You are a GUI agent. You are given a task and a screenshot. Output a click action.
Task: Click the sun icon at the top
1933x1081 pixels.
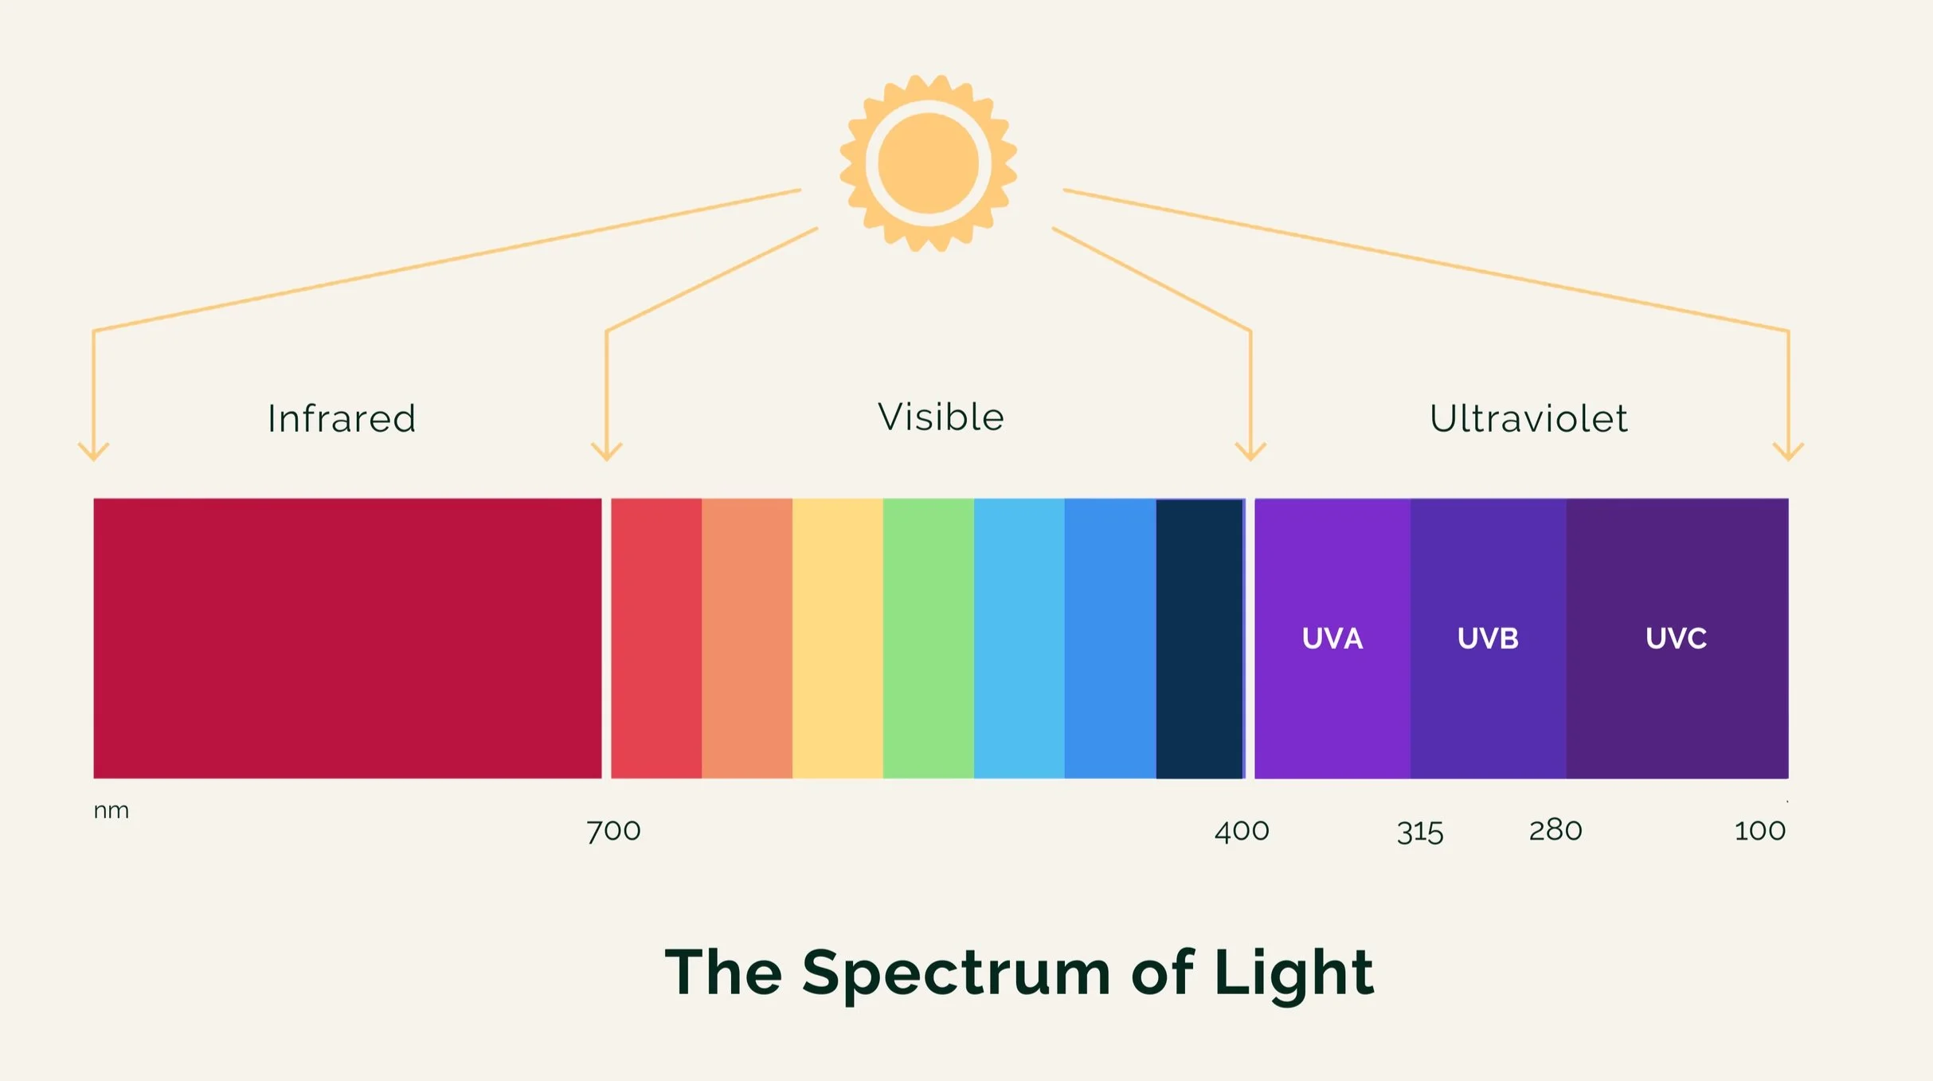click(x=928, y=163)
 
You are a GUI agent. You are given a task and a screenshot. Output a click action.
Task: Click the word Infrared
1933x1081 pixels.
click(x=342, y=419)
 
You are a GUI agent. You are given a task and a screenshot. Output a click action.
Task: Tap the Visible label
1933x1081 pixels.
click(x=941, y=417)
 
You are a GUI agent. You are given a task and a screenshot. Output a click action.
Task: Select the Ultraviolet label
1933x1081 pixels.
click(x=1528, y=418)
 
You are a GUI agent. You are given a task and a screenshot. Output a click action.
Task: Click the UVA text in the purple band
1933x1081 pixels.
click(x=1332, y=638)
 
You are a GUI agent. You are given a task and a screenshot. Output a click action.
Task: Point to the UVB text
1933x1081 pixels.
click(x=1488, y=638)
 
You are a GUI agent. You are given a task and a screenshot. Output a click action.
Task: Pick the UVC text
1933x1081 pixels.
click(x=1677, y=638)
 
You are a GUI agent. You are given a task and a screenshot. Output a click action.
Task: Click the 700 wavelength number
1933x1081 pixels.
click(x=613, y=831)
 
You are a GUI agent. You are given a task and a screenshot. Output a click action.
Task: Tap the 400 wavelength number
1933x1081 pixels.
click(x=1242, y=831)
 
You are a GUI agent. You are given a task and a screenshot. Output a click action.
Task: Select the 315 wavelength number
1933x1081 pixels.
click(x=1420, y=832)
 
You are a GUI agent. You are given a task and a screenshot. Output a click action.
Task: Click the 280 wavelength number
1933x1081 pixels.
click(x=1555, y=830)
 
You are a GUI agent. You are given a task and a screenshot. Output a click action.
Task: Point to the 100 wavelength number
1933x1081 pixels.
click(x=1760, y=831)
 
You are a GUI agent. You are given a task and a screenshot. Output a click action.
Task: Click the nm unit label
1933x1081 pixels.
click(x=112, y=811)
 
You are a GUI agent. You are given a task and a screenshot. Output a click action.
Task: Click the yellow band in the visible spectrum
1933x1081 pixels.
click(x=838, y=638)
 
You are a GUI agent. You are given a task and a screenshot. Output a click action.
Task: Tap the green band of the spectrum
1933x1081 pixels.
click(x=929, y=638)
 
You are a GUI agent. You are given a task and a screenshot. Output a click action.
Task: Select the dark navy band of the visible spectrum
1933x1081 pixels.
click(x=1199, y=638)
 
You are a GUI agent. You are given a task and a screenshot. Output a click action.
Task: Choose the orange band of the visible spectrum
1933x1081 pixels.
click(x=747, y=638)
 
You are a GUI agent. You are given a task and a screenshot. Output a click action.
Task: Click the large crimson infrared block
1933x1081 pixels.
click(x=347, y=638)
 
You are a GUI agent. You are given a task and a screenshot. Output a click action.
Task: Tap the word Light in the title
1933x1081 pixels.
click(x=1294, y=973)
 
